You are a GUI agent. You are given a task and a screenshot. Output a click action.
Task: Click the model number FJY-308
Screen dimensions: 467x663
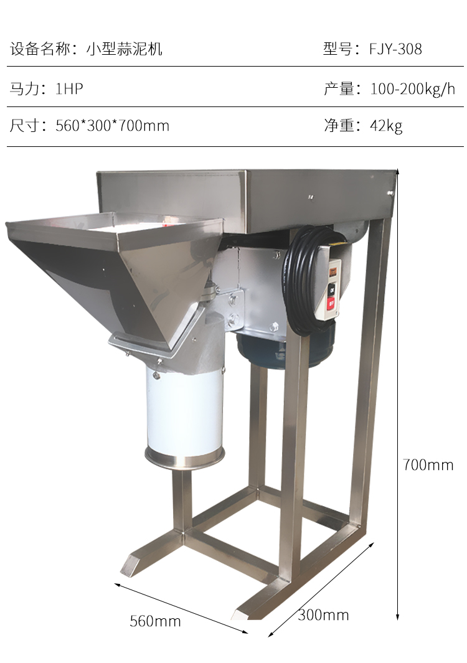[395, 49]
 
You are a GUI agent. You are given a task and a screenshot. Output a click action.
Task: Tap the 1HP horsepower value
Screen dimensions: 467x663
[69, 89]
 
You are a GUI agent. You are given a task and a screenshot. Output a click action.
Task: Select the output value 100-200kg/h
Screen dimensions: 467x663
[412, 89]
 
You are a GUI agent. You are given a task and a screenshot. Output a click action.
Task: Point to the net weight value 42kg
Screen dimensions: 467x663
[386, 126]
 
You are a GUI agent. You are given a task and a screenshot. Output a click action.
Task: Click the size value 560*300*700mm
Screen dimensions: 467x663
[113, 126]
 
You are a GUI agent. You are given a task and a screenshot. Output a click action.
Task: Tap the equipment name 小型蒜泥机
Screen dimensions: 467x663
[125, 49]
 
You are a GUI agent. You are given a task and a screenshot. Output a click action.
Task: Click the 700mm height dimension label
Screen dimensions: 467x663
[428, 464]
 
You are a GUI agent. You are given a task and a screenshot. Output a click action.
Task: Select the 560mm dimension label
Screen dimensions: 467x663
[155, 621]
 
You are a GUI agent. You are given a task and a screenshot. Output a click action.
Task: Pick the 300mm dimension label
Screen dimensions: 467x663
[324, 615]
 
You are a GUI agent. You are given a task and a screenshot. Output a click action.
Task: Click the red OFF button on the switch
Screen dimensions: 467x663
[331, 303]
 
